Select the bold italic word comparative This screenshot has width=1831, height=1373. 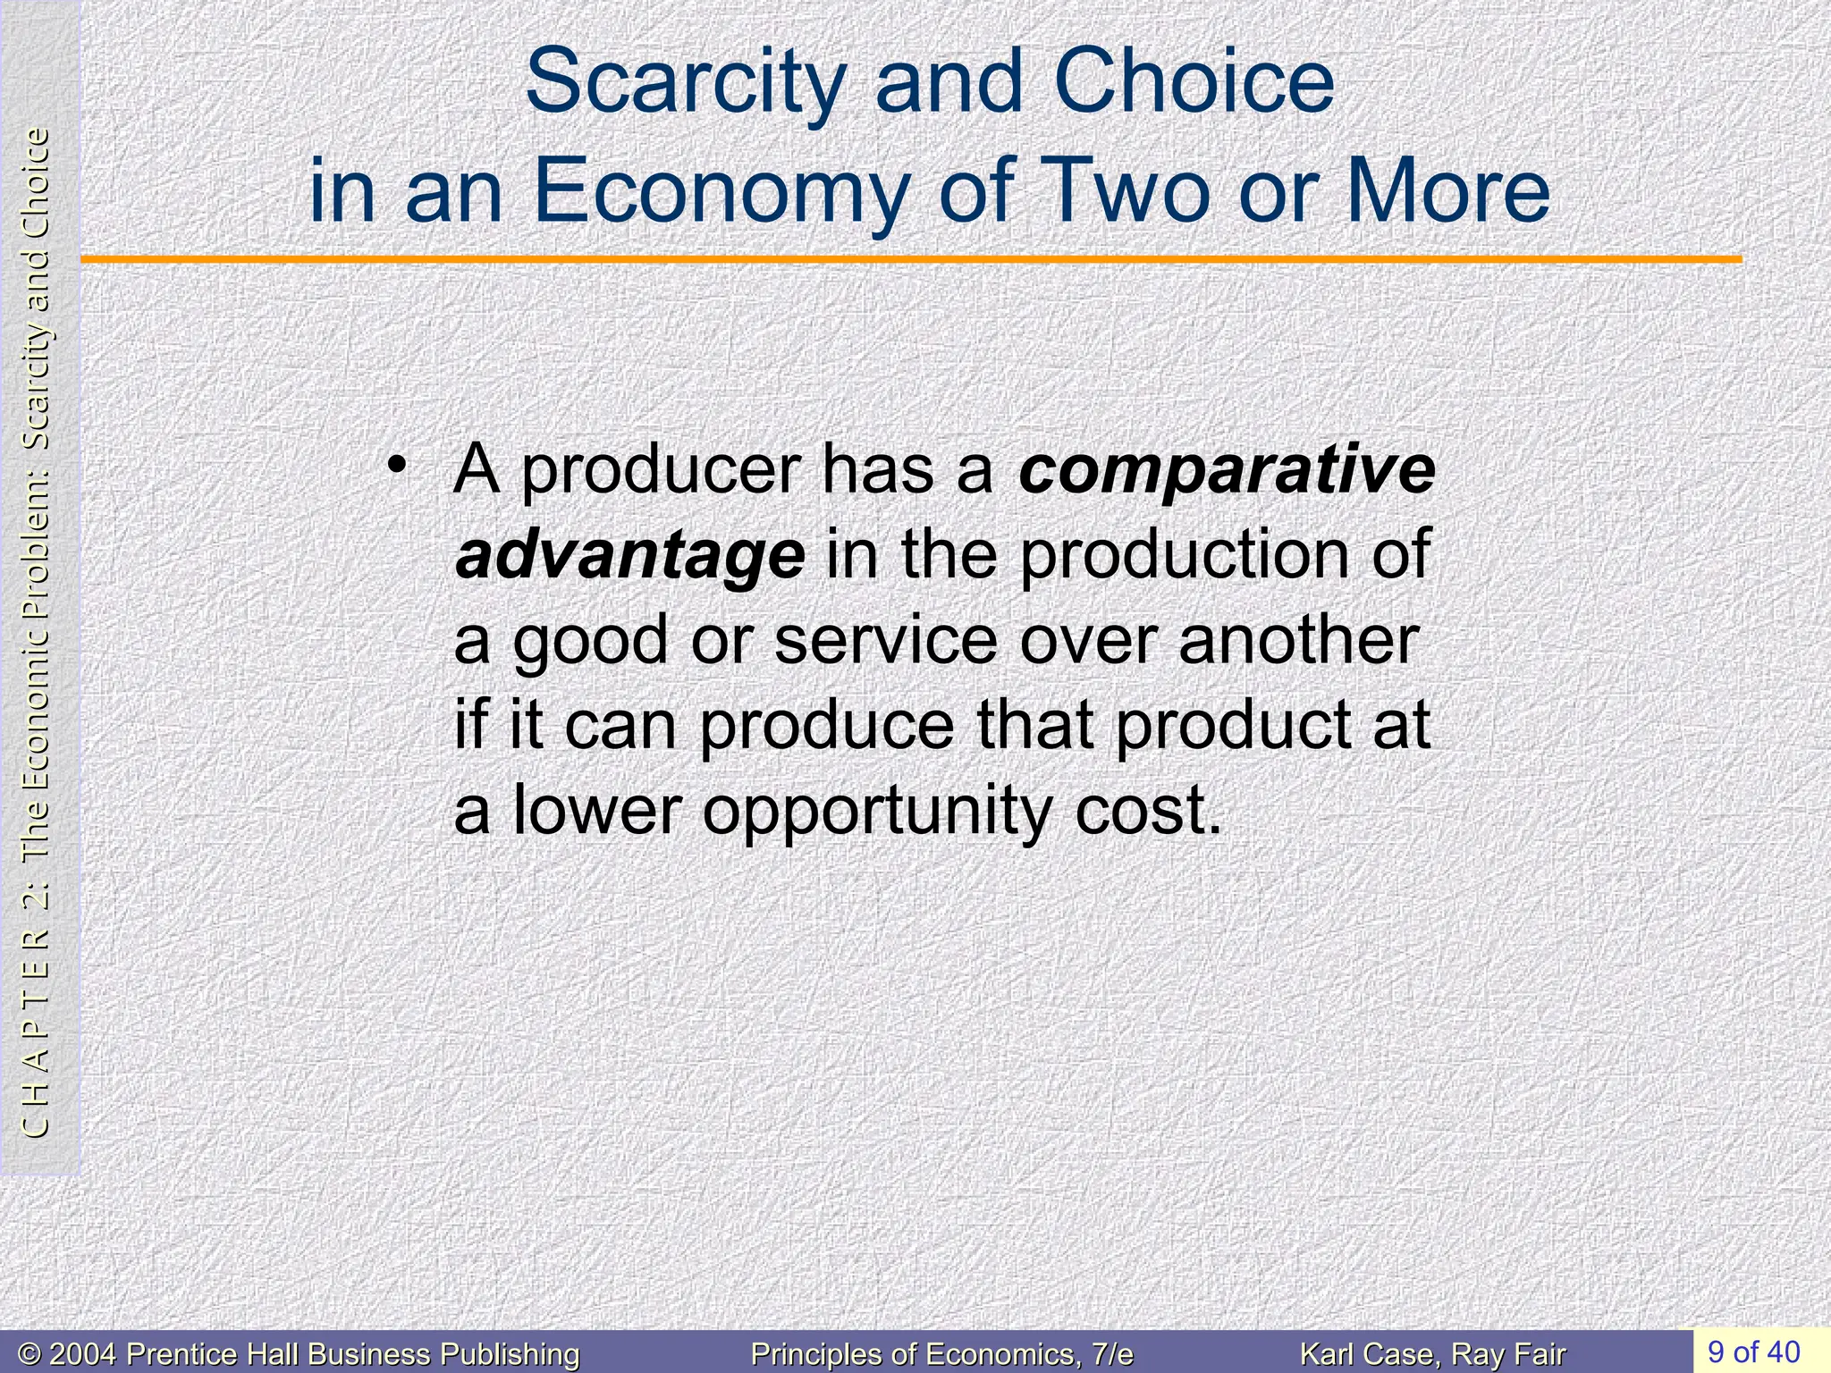point(1227,469)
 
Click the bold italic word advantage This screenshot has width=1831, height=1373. point(629,555)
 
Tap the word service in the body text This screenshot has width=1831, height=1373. point(885,640)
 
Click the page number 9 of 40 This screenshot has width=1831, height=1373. point(1753,1351)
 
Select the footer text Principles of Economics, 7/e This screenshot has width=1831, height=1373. point(941,1354)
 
